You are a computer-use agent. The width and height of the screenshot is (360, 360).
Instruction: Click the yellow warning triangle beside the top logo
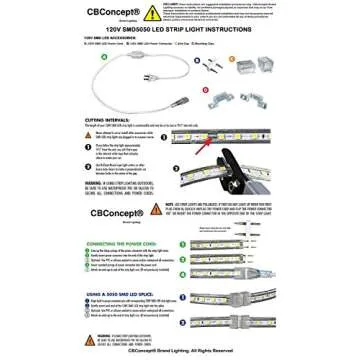[x=151, y=14]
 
